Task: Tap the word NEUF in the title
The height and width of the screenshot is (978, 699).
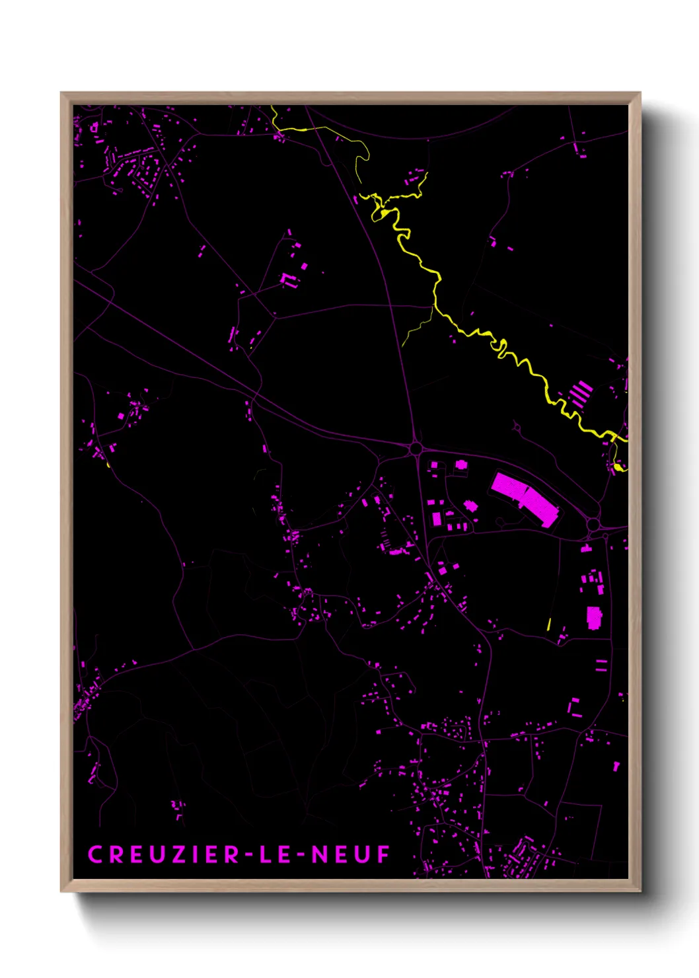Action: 351,854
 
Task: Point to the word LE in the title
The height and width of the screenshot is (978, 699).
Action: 272,854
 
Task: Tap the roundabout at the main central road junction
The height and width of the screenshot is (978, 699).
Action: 415,449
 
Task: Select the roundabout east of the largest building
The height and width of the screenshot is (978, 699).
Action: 593,525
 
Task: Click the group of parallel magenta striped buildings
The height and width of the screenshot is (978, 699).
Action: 581,393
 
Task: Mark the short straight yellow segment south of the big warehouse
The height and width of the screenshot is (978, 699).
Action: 549,624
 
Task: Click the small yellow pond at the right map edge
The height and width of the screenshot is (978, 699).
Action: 618,467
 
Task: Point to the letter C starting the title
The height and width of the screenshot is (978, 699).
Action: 94,854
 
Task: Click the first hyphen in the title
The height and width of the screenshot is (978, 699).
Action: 248,856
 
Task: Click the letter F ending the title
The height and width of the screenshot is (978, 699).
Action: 384,854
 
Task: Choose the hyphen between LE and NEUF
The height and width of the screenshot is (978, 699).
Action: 300,856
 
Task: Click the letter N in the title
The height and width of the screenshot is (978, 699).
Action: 320,854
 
